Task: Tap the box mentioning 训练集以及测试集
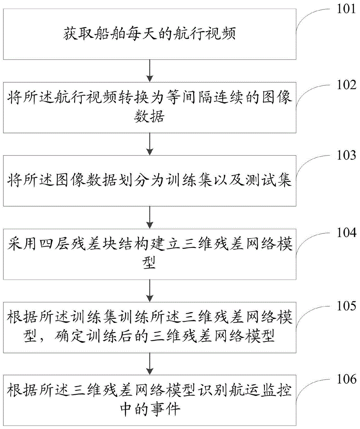tap(150, 182)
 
